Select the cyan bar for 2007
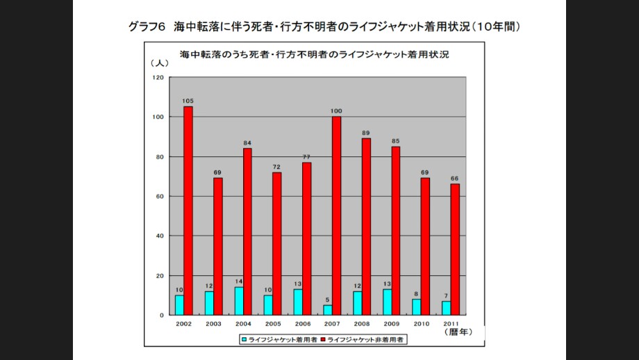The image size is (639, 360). click(x=328, y=310)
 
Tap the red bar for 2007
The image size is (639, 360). click(x=337, y=215)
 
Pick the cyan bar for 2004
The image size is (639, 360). click(x=239, y=301)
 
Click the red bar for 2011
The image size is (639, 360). click(x=455, y=249)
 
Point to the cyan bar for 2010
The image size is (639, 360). click(x=417, y=306)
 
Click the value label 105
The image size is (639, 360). click(x=188, y=101)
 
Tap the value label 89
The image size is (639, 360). click(x=366, y=133)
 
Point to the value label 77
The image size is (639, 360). click(x=306, y=156)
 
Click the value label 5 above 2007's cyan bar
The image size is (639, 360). click(x=328, y=300)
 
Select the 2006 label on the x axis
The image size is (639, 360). click(x=302, y=324)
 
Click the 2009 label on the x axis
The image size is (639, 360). click(x=391, y=324)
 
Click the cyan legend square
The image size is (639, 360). click(x=244, y=340)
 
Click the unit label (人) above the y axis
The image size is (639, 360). click(x=159, y=63)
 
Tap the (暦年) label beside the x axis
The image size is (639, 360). click(x=458, y=332)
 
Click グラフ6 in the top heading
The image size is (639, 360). click(x=147, y=27)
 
